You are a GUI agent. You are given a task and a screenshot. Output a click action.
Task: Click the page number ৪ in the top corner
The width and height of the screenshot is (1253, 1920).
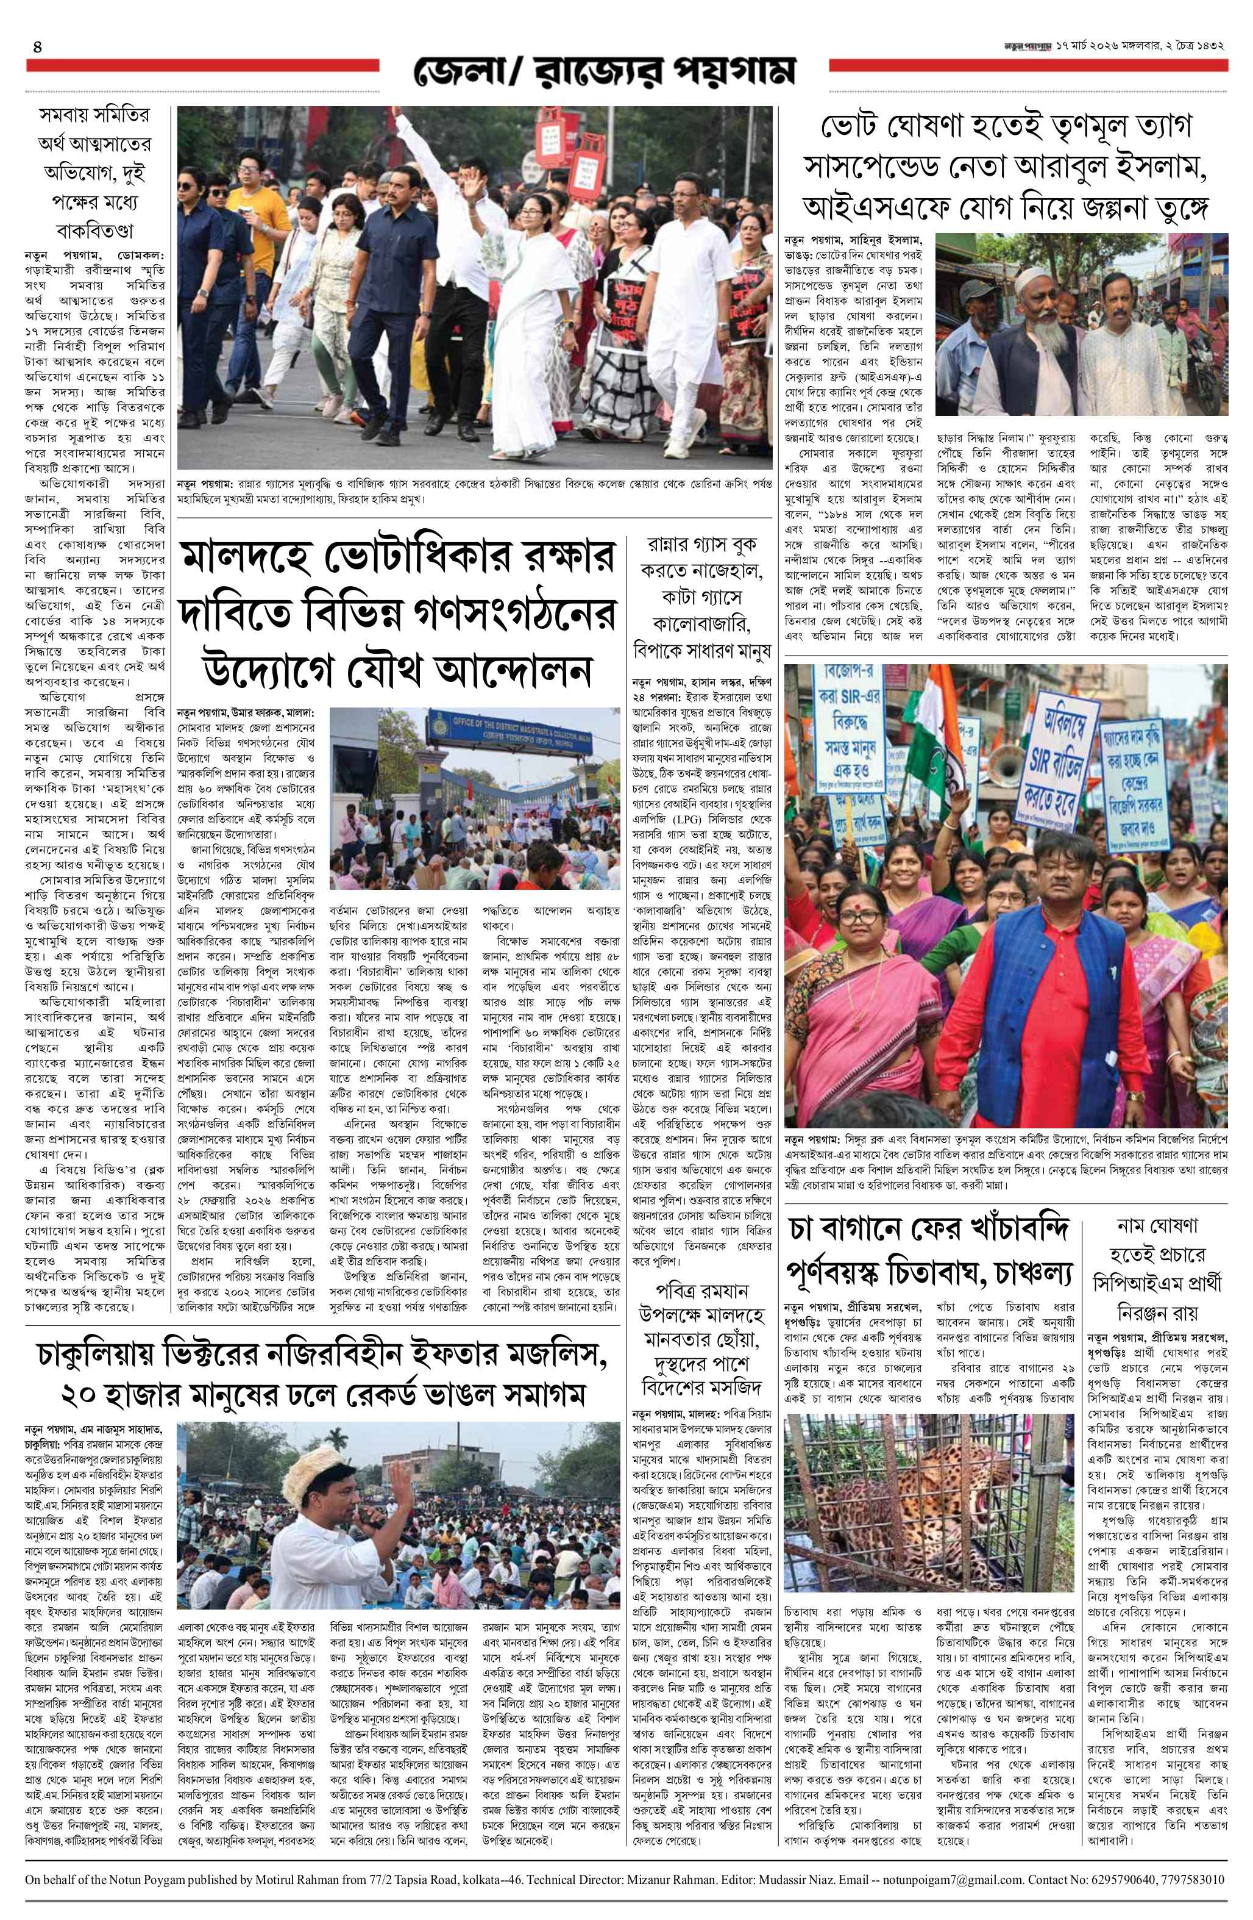click(x=37, y=47)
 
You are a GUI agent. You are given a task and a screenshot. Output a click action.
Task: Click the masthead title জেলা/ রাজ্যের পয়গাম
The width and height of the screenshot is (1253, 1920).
click(x=605, y=72)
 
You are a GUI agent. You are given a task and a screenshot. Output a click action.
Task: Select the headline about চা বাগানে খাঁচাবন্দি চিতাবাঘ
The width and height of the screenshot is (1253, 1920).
click(x=931, y=1253)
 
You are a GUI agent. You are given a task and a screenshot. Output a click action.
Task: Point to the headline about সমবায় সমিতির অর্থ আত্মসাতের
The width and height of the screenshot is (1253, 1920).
click(x=95, y=173)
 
